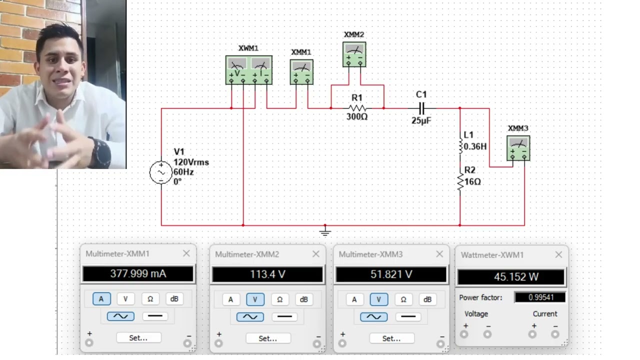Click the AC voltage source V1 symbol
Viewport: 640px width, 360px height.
tap(161, 172)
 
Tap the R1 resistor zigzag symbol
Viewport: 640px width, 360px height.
tap(357, 108)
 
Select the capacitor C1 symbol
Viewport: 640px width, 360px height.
tap(421, 108)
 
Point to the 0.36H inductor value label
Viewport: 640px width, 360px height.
tap(475, 146)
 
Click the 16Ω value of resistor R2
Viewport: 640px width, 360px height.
tap(472, 181)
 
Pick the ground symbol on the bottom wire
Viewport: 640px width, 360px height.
tap(325, 231)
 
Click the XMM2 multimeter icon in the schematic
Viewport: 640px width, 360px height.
tap(354, 54)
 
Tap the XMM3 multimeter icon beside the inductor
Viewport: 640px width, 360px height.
tap(518, 148)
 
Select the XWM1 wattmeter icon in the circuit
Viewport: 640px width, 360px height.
tap(249, 70)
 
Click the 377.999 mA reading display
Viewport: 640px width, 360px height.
tap(138, 273)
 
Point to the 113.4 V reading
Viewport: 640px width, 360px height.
tap(267, 274)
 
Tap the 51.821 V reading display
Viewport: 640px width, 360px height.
tap(391, 274)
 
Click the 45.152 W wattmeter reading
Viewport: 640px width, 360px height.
tap(511, 276)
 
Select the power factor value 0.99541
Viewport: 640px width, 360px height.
tap(539, 297)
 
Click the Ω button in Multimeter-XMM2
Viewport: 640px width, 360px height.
tap(279, 299)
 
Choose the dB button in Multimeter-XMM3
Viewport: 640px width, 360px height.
tap(427, 299)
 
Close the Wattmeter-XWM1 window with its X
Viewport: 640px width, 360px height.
tap(558, 254)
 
